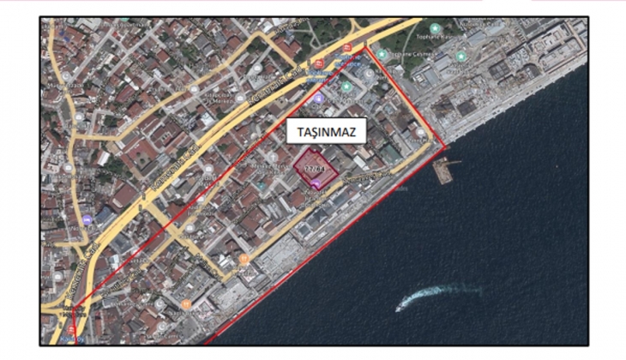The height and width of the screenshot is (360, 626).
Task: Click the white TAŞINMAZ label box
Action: [x=327, y=131]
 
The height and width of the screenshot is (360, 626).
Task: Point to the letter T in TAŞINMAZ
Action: [x=295, y=131]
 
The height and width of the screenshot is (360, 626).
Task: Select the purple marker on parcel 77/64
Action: [x=316, y=182]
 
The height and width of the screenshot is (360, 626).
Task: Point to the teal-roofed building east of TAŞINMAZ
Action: [x=390, y=153]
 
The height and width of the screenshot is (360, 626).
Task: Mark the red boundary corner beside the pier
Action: [x=447, y=147]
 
